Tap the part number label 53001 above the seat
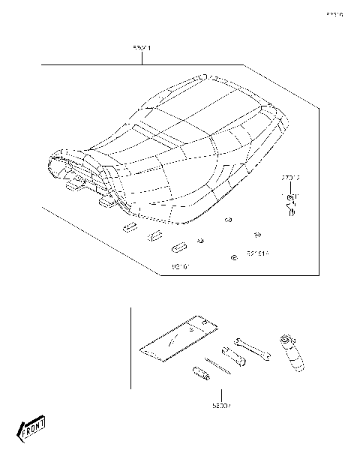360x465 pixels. click(141, 49)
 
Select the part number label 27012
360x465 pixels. click(290, 178)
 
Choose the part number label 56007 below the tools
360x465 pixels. click(220, 405)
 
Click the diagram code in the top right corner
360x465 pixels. click(334, 13)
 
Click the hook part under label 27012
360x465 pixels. click(290, 204)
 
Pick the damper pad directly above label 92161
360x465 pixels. click(180, 247)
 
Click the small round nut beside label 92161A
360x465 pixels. click(235, 257)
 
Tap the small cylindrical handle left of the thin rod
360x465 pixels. click(201, 373)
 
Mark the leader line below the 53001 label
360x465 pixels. click(141, 59)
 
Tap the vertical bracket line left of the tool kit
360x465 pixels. click(130, 348)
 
